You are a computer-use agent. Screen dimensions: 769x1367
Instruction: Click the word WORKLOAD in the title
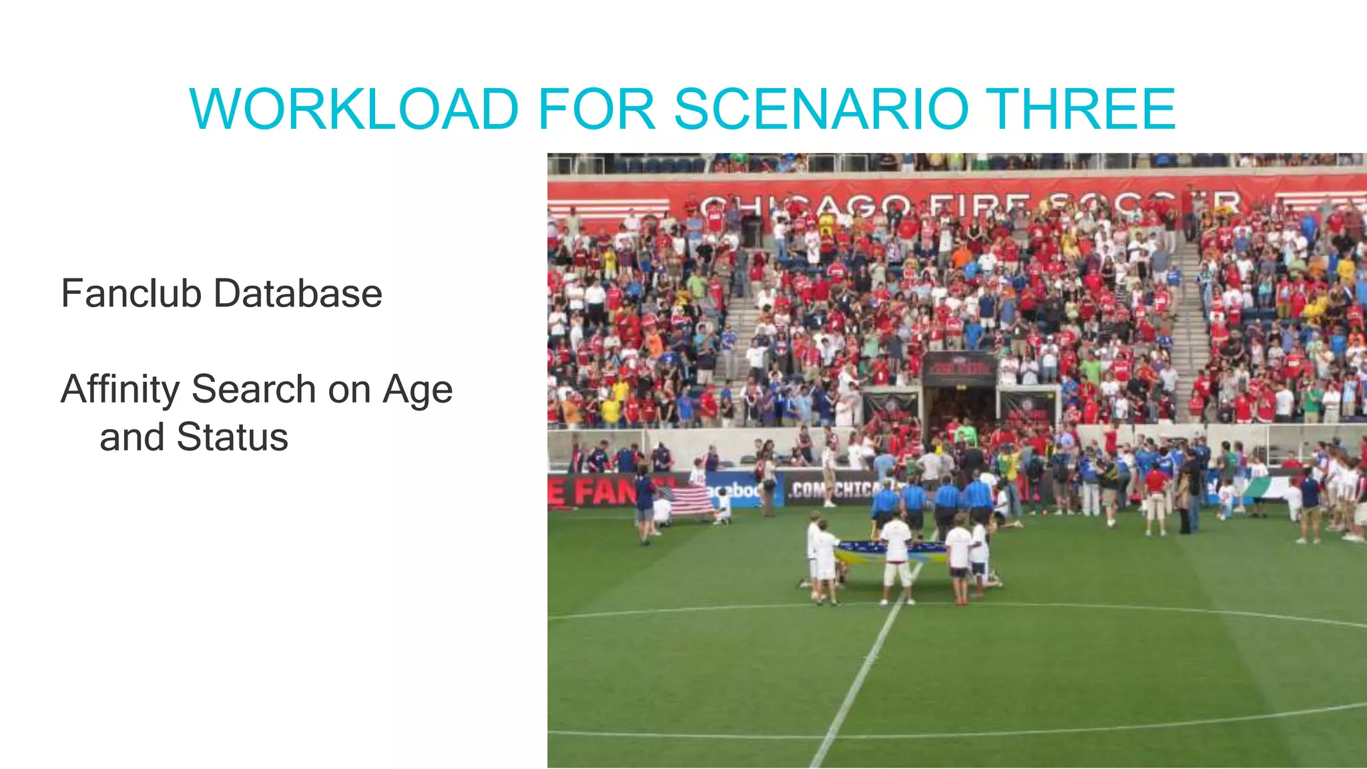pos(354,109)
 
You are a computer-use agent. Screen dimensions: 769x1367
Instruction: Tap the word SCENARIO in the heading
pos(820,109)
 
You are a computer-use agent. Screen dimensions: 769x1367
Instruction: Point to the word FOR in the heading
pos(596,109)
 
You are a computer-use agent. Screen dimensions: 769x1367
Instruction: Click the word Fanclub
pos(131,293)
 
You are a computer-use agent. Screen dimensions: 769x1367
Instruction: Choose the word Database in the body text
pos(298,293)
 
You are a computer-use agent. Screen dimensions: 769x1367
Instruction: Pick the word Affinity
pos(120,390)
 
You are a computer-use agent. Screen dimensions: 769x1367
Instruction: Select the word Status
pos(232,437)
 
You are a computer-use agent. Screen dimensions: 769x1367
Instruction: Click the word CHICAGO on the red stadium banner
pos(804,204)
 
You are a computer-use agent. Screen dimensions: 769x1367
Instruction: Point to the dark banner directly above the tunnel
pos(959,368)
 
